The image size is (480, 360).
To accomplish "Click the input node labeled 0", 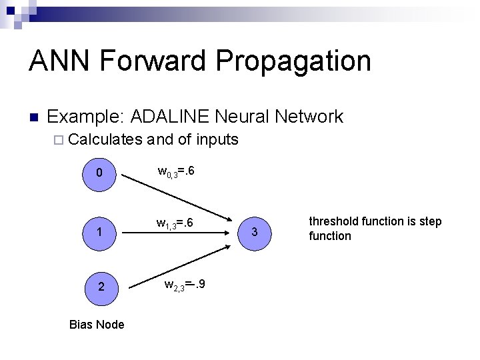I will point(99,173).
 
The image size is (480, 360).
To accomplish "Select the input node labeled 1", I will point(99,233).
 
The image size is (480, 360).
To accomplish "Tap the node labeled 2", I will point(99,287).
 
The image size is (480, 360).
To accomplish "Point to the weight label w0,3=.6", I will point(176,172).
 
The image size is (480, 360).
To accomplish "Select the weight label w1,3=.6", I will point(175,223).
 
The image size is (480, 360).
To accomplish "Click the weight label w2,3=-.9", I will point(185,285).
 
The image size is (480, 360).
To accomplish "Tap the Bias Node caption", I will point(97,324).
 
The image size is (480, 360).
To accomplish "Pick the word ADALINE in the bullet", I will point(169,117).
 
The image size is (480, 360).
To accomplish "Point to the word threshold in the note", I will point(335,221).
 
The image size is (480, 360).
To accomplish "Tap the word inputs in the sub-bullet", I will point(216,139).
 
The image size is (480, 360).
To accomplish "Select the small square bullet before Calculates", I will point(56,140).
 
